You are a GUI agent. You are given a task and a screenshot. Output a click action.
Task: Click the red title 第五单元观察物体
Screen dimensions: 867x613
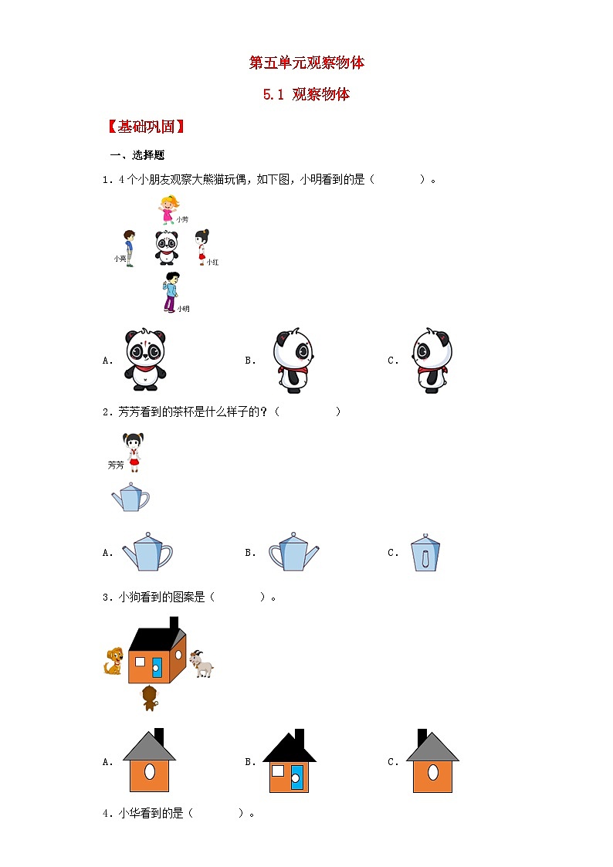(x=306, y=63)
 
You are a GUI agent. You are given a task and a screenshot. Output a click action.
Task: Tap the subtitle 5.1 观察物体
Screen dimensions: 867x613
(x=306, y=95)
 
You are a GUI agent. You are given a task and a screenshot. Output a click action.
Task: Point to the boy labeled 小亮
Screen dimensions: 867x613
(x=130, y=247)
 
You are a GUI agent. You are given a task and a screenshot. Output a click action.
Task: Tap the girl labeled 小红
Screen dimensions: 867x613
(x=202, y=246)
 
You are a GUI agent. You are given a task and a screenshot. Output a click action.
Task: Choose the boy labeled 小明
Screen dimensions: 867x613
(x=171, y=292)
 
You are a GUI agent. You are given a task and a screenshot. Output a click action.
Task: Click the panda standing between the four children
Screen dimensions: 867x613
(x=166, y=248)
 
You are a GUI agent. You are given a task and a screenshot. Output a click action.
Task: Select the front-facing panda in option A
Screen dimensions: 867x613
(x=145, y=360)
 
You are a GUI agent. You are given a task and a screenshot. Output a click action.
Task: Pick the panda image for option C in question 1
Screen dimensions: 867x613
(x=431, y=361)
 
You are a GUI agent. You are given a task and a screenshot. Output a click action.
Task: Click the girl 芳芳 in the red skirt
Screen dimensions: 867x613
(x=134, y=452)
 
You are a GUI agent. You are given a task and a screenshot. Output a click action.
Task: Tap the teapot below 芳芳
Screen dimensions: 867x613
(x=130, y=498)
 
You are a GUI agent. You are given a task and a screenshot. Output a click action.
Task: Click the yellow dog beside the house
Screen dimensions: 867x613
(x=115, y=662)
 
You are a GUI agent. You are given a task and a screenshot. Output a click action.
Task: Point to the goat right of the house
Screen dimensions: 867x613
(x=202, y=664)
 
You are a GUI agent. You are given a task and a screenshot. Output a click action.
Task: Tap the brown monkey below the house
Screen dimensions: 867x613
(x=150, y=698)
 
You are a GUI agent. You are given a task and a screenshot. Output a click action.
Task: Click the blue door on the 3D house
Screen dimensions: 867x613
(x=157, y=665)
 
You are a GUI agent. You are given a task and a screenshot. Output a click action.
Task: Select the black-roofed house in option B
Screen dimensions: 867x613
(x=290, y=761)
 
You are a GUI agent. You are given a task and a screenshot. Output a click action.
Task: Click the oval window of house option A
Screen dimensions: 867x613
(x=149, y=770)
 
